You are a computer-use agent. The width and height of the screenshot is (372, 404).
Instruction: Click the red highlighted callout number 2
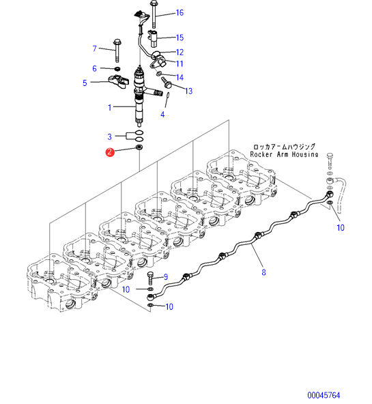[110, 151]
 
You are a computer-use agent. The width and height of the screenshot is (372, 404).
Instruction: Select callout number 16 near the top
[180, 12]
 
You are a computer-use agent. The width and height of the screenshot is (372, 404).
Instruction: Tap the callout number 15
[180, 38]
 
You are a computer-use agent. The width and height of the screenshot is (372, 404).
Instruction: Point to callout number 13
[189, 91]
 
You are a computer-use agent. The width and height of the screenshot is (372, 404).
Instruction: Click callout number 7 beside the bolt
[95, 48]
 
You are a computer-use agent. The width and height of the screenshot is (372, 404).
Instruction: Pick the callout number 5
[85, 83]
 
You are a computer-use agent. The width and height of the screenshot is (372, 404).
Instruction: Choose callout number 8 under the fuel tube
[263, 272]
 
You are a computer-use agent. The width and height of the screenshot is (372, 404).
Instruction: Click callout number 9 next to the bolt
[166, 277]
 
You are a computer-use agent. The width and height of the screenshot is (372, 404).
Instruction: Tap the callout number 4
[162, 115]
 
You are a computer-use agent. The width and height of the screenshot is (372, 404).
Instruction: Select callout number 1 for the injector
[110, 107]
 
